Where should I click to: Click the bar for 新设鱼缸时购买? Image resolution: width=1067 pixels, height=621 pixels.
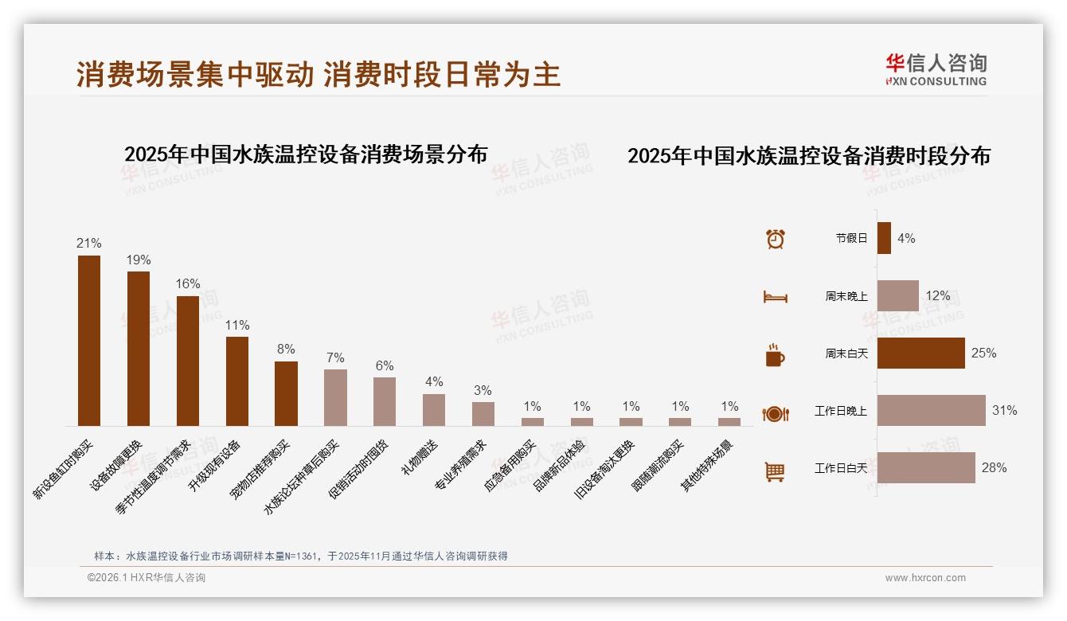(89, 341)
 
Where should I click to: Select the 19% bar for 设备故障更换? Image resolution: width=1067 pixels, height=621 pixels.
(139, 349)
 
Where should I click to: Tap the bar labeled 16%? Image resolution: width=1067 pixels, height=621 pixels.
(188, 361)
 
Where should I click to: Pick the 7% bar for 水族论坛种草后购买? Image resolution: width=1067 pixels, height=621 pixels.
(335, 397)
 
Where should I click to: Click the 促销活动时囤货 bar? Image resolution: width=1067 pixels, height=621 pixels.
(385, 401)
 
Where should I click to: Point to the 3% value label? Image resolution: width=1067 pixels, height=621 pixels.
(483, 391)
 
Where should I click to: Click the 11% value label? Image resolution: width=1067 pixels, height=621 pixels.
(237, 326)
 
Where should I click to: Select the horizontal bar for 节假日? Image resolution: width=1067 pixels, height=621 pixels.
(884, 238)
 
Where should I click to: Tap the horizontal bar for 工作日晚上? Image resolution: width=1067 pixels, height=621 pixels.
(931, 411)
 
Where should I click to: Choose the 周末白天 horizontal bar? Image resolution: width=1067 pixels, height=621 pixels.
(920, 353)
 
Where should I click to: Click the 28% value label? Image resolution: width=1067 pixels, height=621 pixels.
(994, 468)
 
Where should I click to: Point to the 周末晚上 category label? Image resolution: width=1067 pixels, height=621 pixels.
(846, 296)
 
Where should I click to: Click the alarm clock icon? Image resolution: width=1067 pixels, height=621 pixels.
(776, 239)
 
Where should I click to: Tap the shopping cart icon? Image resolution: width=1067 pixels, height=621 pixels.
(775, 471)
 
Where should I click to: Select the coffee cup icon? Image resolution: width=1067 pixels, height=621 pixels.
(775, 355)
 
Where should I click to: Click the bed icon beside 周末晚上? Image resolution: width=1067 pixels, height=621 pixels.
(775, 297)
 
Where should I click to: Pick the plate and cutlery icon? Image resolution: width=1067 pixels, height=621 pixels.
(775, 413)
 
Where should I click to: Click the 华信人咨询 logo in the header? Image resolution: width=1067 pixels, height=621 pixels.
(936, 70)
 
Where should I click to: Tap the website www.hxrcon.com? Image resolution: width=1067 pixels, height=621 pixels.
(925, 578)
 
